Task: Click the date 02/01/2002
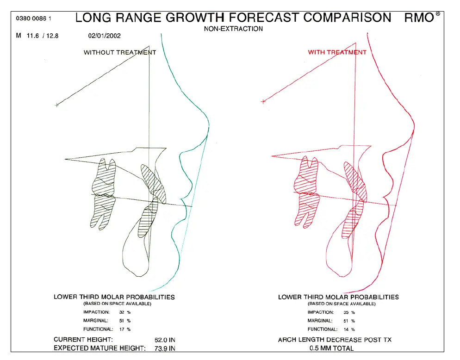coord(105,36)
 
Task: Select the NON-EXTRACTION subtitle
coord(233,29)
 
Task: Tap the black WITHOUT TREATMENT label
coord(120,52)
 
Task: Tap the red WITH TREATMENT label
coord(337,52)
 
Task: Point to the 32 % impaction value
coord(124,312)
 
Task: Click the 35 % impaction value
coord(349,312)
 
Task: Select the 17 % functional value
coord(124,329)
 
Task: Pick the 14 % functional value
coord(349,329)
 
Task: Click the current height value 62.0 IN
coord(165,340)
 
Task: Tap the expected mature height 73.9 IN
coord(165,348)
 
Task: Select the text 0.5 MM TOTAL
coord(331,348)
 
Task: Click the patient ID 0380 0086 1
coord(33,19)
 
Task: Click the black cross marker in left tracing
coord(56,105)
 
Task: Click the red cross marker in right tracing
coord(263,101)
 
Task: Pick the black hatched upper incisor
coord(153,184)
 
